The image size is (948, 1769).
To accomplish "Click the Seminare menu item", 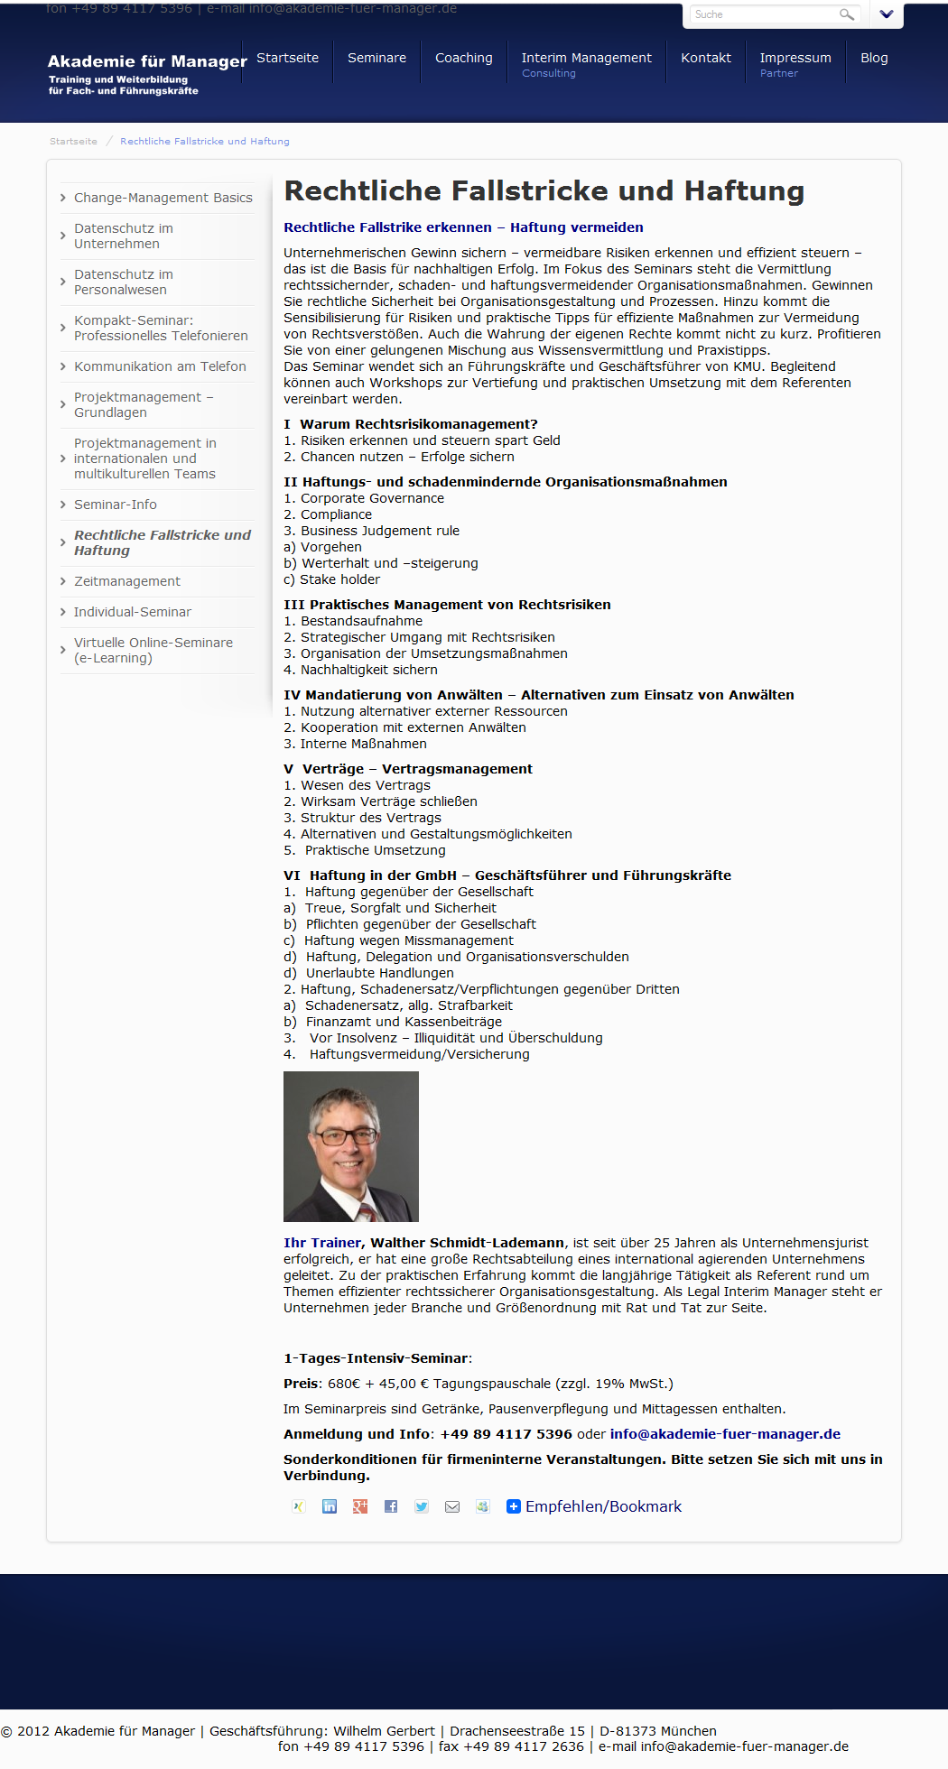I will click(376, 58).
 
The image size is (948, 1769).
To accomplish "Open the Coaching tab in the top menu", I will click(463, 58).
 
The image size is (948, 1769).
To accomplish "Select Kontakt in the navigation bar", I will click(705, 58).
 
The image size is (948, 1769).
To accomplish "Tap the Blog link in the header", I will click(874, 58).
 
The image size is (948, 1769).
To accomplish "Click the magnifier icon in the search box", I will click(846, 14).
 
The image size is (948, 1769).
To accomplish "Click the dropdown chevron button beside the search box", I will click(886, 14).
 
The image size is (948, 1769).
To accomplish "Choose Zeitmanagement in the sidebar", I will click(127, 581).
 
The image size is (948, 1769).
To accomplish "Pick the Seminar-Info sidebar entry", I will click(116, 505).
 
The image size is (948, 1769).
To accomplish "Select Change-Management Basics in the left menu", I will click(163, 198).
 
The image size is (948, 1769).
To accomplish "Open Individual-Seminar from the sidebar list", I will click(133, 612).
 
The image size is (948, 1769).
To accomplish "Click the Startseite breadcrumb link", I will click(73, 142).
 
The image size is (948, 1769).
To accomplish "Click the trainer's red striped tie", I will click(367, 1210).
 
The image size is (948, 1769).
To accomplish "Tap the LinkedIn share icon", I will click(330, 1506).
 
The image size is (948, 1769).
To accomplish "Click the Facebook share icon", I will click(391, 1506).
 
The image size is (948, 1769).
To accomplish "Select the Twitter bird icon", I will click(422, 1506).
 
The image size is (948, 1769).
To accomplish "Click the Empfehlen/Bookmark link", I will click(603, 1506).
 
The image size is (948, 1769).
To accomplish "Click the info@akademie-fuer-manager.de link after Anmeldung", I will click(725, 1434).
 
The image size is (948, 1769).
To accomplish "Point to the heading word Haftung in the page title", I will click(744, 191).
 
